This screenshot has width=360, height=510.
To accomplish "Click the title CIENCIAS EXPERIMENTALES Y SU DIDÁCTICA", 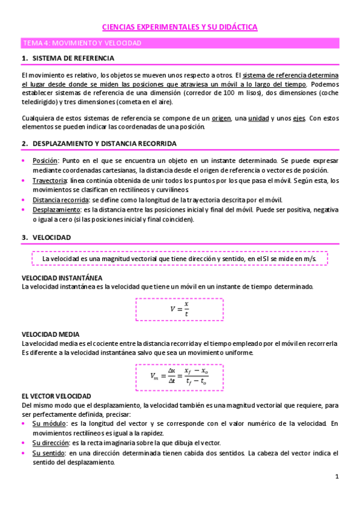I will [x=180, y=27].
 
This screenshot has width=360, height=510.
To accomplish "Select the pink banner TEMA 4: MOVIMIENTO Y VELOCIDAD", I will [x=81, y=44].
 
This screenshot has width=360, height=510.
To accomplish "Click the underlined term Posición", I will [x=45, y=161].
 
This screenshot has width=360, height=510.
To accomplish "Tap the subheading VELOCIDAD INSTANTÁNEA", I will [x=61, y=278].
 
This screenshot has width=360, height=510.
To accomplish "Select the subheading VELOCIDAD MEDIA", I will [x=50, y=334].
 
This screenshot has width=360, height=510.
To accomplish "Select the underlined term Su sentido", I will [x=47, y=453].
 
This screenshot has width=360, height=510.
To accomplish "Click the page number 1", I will [x=337, y=477].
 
